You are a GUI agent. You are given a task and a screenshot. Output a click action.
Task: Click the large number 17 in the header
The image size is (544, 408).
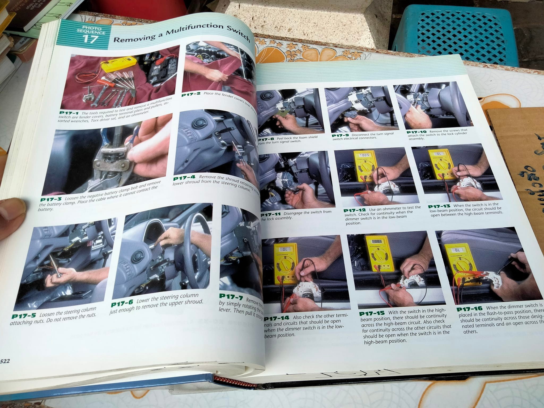click(x=91, y=39)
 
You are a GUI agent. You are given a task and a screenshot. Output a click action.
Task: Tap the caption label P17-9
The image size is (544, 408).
click(x=340, y=136)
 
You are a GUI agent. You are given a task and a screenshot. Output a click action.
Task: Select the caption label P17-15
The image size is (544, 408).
click(x=372, y=314)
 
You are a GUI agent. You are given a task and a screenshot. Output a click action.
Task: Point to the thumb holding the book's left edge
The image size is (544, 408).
click(x=12, y=210)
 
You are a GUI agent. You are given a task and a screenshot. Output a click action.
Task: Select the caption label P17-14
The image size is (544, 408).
click(x=277, y=318)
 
